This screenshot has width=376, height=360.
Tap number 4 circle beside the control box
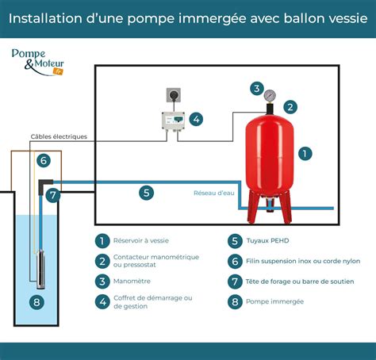[x=196, y=120]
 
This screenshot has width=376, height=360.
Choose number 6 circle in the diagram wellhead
[x=44, y=160]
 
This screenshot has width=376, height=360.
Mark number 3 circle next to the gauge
[x=255, y=88]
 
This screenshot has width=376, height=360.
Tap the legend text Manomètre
[x=132, y=281]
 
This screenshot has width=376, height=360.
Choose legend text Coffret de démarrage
[x=148, y=298]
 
